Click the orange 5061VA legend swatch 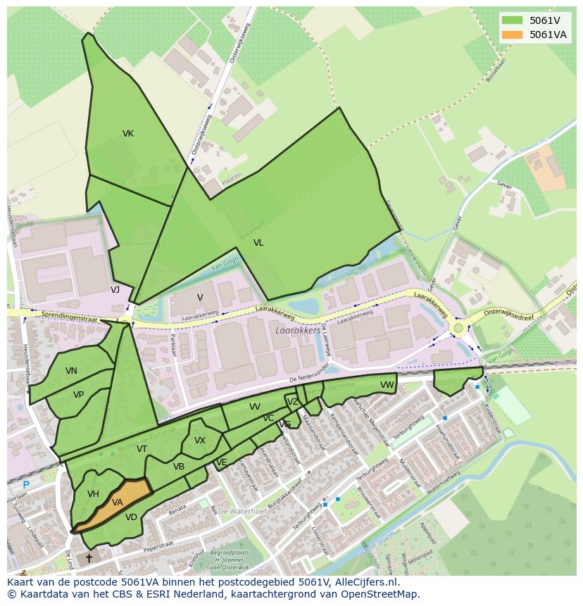tap(513, 34)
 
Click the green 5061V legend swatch tap(513, 20)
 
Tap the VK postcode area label tap(128, 134)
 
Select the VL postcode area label tap(258, 243)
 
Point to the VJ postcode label tap(115, 289)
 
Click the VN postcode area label tap(71, 371)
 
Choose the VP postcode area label tap(78, 395)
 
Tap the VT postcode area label tap(142, 449)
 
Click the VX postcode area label tap(200, 441)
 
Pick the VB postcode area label tap(179, 466)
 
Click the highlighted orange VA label tap(117, 503)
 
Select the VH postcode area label tap(93, 494)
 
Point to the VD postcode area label tap(131, 517)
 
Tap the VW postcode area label tap(387, 385)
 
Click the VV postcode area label tap(254, 407)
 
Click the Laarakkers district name tap(299, 329)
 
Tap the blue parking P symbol tap(26, 484)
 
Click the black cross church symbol tap(89, 558)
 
